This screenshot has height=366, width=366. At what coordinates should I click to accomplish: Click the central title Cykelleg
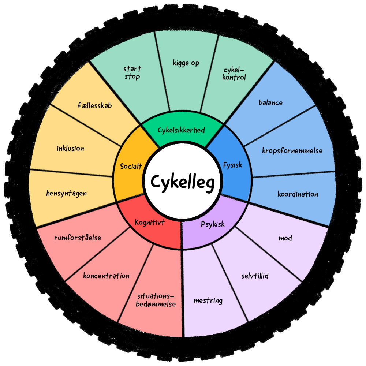182,182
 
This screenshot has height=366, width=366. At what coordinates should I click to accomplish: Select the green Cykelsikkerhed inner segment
181,130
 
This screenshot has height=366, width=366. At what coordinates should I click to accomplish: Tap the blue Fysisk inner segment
233,165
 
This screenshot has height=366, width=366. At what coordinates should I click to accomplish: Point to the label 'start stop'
132,72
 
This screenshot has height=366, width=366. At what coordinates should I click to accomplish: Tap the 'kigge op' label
186,63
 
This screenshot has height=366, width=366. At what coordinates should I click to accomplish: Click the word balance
270,102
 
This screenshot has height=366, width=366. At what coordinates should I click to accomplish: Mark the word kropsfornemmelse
292,150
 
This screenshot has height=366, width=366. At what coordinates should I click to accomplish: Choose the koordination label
298,194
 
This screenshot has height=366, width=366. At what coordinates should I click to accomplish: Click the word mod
285,238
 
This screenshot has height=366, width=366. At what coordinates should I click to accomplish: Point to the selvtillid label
255,276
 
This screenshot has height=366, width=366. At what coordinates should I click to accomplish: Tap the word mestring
208,301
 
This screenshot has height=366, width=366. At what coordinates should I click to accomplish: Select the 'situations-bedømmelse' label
156,300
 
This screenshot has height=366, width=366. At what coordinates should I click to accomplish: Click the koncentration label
106,276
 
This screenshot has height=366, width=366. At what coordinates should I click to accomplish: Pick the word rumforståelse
77,238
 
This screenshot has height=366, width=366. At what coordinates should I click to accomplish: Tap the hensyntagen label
67,193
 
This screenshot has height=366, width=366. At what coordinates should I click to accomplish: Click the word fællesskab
94,106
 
